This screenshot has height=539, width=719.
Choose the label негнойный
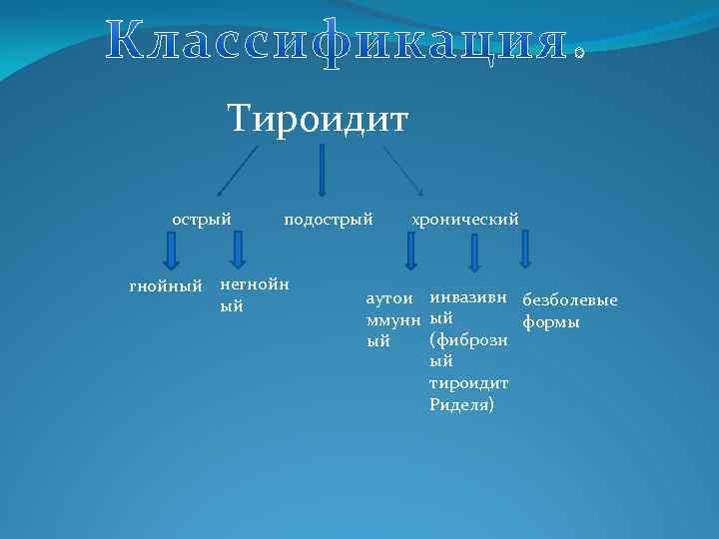(x=254, y=295)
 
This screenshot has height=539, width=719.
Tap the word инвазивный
(x=468, y=297)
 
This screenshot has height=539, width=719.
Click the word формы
(x=551, y=322)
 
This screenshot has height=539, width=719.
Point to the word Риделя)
(x=461, y=404)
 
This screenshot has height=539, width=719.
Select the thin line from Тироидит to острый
(x=238, y=170)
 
